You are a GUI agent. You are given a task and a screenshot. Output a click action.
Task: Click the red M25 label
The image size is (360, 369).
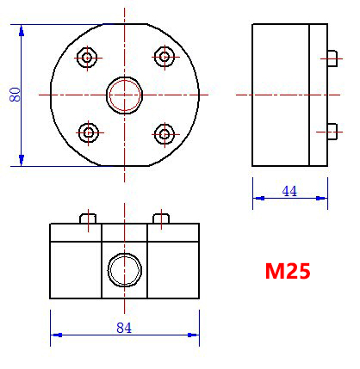tap(287, 271)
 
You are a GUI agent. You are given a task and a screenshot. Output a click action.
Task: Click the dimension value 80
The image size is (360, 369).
tap(15, 94)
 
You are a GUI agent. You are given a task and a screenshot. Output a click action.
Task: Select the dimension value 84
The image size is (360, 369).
tap(124, 328)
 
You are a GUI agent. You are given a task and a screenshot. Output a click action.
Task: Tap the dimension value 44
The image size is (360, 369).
tap(289, 191)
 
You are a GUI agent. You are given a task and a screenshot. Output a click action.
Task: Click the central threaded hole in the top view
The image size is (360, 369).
tap(123, 94)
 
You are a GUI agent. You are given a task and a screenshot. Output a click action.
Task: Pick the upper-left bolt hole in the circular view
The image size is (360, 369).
tap(87, 58)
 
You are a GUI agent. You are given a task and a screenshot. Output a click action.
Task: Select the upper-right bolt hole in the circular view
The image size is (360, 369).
tap(163, 57)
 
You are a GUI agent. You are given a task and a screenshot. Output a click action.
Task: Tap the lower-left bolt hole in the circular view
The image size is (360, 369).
tap(87, 132)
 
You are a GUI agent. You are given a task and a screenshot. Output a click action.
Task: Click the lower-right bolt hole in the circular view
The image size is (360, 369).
tap(163, 132)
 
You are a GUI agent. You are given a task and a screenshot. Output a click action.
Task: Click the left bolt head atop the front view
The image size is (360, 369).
tap(86, 218)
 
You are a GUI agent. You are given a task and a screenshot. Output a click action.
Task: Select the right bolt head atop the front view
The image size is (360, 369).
tap(159, 218)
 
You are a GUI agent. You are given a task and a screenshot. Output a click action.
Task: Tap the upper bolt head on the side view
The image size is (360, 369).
tap(332, 57)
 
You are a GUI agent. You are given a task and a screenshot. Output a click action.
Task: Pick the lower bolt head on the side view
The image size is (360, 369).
tap(332, 132)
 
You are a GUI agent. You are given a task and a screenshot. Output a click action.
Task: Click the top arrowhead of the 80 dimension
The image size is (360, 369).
tap(22, 30)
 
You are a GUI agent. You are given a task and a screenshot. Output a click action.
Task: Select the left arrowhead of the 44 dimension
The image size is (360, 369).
tap(257, 199)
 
